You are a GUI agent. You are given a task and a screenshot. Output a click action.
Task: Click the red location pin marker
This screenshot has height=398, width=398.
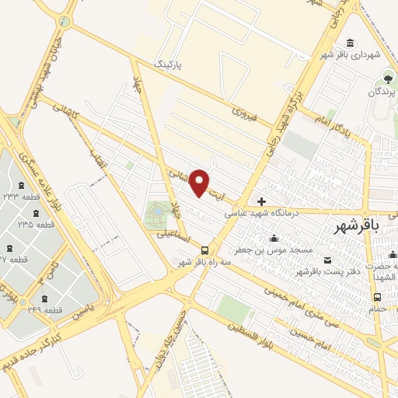coord(200,182)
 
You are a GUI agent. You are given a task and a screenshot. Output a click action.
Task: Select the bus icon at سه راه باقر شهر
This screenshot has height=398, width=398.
coord(204,250)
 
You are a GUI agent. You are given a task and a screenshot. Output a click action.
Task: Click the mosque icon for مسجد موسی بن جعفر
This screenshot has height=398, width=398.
coord(272,239)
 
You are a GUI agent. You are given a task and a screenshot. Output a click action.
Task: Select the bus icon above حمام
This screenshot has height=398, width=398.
coord(377,297)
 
